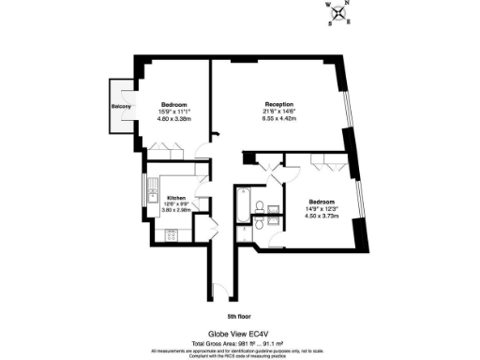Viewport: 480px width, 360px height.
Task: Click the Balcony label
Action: point(121,107)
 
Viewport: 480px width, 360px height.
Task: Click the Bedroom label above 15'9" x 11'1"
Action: point(175,103)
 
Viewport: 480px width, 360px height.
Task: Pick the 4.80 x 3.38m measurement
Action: point(175,119)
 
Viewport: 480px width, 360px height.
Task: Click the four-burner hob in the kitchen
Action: point(172,234)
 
